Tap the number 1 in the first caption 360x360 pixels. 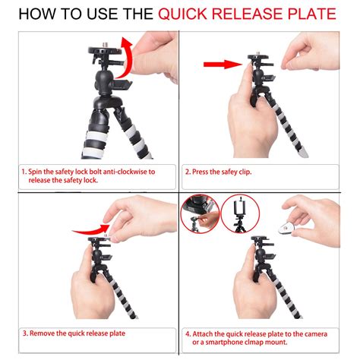point(24,172)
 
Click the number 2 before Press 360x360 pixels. point(188,172)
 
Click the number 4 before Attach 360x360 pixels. point(188,333)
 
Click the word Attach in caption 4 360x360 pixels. point(205,333)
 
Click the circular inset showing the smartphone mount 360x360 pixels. point(240,213)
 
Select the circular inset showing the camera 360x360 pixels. point(201,213)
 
